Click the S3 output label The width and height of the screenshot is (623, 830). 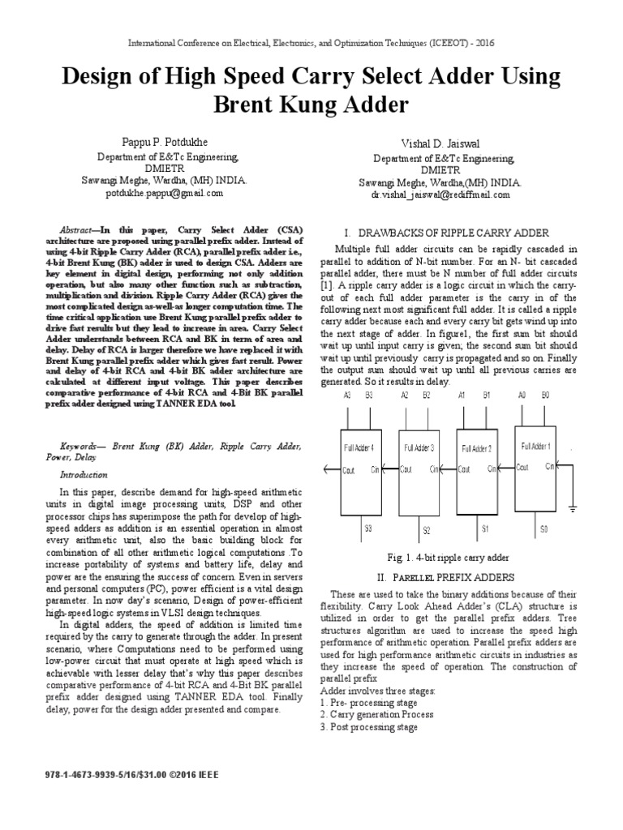pos(367,528)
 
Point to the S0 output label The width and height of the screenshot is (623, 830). pos(544,528)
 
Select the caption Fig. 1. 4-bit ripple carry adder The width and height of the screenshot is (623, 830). pos(448,558)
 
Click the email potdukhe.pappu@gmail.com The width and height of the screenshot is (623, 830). pos(164,194)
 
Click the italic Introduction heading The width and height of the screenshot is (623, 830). pos(84,475)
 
